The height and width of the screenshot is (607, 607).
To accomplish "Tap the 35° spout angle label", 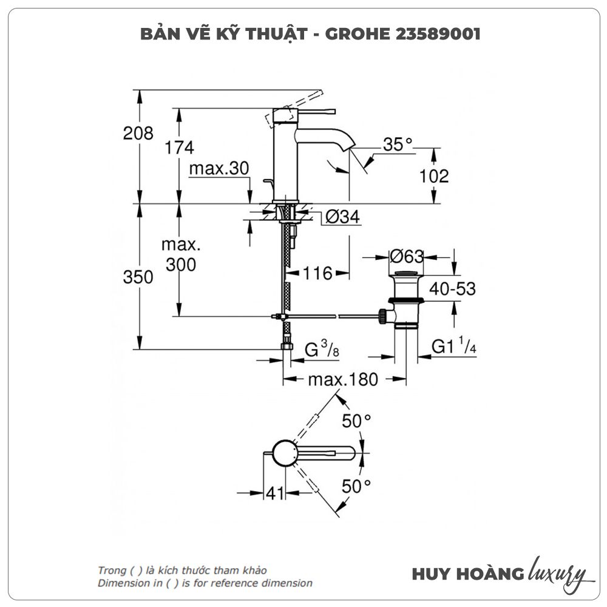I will click(398, 144).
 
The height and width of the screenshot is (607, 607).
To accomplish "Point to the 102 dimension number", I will click(434, 176).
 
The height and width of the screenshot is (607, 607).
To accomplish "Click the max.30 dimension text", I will click(219, 169).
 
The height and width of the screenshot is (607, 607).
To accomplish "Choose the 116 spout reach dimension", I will click(318, 274).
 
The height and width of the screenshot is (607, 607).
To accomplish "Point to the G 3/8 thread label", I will click(320, 350).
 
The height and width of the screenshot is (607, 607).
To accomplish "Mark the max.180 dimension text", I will click(343, 380).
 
